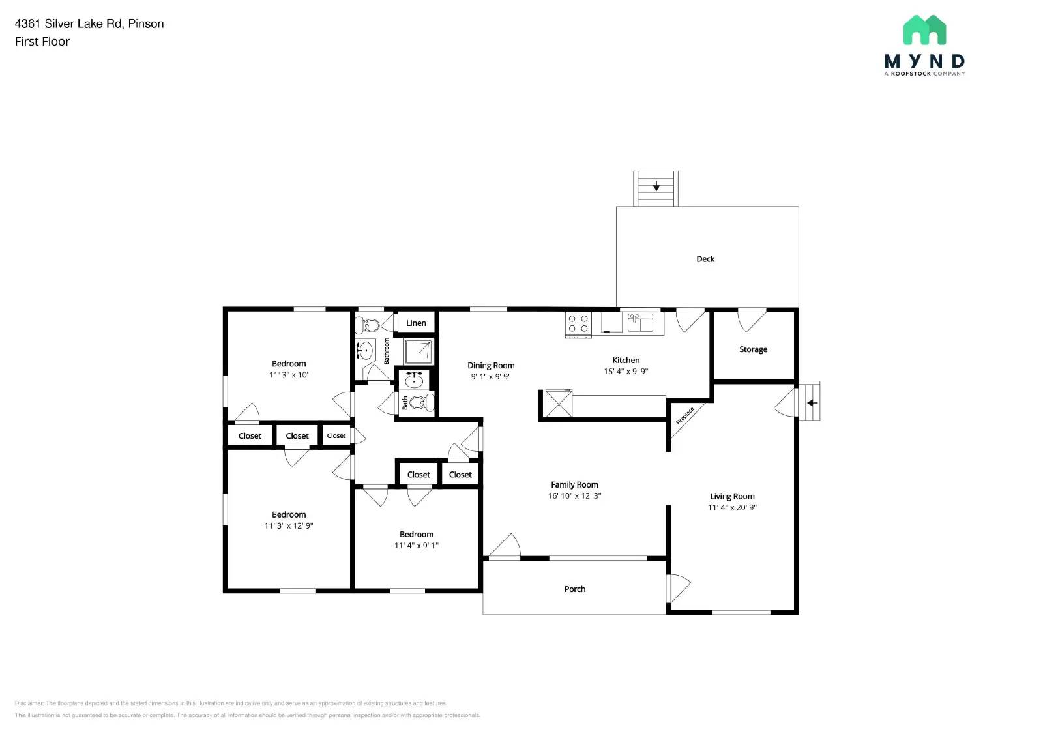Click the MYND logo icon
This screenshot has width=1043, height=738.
click(924, 30)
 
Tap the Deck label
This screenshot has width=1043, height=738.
click(705, 259)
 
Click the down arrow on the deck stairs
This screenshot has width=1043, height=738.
click(656, 186)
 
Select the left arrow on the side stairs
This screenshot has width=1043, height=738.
click(812, 403)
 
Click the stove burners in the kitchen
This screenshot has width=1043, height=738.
click(578, 323)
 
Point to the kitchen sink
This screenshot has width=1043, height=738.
click(640, 323)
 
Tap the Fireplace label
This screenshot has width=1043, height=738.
click(684, 416)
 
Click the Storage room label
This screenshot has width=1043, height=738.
click(753, 349)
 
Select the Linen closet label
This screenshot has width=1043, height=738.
click(416, 323)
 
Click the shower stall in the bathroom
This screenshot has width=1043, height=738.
click(418, 351)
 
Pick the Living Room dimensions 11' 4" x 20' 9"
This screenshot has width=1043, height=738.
click(732, 507)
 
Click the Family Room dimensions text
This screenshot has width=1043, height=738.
click(574, 495)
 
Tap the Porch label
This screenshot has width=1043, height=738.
click(574, 589)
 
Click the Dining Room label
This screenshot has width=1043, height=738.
click(491, 366)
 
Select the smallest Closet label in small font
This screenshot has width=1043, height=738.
click(336, 435)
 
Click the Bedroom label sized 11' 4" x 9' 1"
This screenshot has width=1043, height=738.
click(417, 534)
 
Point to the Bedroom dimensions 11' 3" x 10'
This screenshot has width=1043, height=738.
click(289, 375)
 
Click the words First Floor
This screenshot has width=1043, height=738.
click(42, 42)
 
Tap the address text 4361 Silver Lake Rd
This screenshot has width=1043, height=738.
click(68, 23)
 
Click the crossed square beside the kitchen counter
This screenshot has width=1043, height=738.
click(559, 404)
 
